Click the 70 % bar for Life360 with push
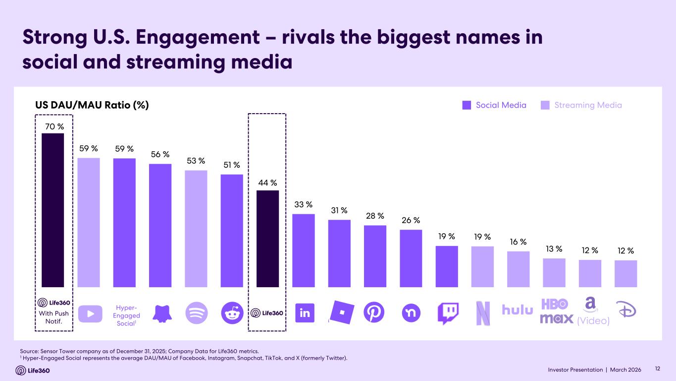(52, 210)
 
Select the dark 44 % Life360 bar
(267, 239)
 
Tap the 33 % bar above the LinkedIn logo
(304, 251)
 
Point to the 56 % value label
(160, 155)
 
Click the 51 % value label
(232, 165)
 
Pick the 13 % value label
(554, 249)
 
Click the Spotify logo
(196, 313)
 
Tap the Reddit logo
(232, 313)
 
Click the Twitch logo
(447, 314)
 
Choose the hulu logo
(518, 310)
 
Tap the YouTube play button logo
(89, 313)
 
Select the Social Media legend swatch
(467, 105)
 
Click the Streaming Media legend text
(588, 105)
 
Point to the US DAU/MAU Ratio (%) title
(92, 105)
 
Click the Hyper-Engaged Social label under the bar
(127, 316)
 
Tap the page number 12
(658, 369)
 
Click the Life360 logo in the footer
(33, 370)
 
